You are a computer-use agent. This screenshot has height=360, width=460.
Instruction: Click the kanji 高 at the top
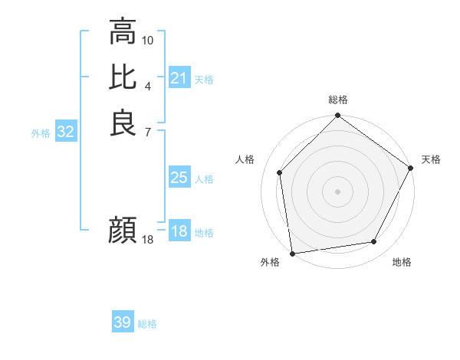coord(123,32)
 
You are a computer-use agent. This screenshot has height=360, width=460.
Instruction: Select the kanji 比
coord(123,77)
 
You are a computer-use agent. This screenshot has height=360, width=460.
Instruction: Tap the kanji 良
coord(123,123)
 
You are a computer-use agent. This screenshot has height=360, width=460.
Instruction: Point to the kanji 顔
coord(123,229)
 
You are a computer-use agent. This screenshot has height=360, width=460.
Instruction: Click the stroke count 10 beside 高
coord(148,40)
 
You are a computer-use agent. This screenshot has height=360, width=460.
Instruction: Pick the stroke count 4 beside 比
coord(148,86)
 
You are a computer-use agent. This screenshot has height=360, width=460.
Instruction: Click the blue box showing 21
coord(179,78)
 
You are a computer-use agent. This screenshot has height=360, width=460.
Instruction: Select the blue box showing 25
coord(179,178)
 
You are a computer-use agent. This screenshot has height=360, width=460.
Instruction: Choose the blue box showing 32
coord(66,132)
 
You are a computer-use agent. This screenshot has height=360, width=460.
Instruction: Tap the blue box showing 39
coord(122,322)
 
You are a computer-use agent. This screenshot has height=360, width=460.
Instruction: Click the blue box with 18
coord(179,231)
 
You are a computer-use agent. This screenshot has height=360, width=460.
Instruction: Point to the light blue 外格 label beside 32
coord(41,133)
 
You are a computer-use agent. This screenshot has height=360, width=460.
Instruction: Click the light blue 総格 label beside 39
coord(147,324)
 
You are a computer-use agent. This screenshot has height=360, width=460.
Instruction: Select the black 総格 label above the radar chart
coord(338,100)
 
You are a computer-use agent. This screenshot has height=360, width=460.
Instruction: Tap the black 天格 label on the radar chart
coord(431,159)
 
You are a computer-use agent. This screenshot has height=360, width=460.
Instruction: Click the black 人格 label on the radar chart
coord(245,159)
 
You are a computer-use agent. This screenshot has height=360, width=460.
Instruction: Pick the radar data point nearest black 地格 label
coord(374,242)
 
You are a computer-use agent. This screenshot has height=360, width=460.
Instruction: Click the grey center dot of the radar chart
coord(337,191)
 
